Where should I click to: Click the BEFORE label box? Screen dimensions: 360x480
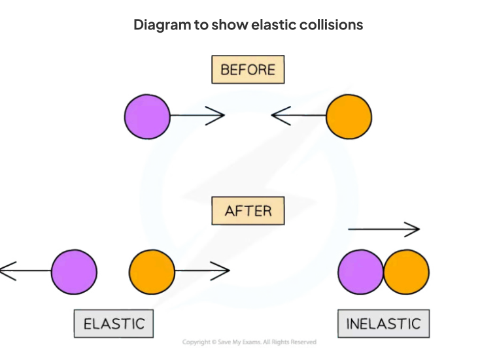[248, 69]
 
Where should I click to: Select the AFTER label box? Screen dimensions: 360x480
[248, 210]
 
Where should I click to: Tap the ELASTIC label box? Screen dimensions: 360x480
[114, 323]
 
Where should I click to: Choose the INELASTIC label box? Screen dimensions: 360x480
[383, 323]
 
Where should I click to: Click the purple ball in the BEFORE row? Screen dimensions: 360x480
[147, 117]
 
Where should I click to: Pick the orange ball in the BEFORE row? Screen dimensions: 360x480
[349, 117]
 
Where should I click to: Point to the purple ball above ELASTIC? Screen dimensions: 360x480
[74, 270]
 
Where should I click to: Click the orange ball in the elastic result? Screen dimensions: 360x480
[152, 270]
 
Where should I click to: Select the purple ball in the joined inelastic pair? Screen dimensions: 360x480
[360, 272]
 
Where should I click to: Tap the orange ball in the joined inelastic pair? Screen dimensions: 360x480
[406, 272]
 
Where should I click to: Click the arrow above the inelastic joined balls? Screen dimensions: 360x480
[383, 229]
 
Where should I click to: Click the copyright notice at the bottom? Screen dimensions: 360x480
[249, 342]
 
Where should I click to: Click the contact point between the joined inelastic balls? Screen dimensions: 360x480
[383, 272]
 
